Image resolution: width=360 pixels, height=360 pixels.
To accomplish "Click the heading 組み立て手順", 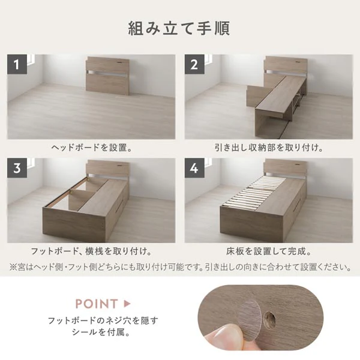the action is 179,28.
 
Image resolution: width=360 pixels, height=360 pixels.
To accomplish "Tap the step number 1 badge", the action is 17,64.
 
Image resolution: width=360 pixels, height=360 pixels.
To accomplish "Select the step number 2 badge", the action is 194,64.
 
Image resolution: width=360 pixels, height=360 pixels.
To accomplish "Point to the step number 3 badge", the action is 17,168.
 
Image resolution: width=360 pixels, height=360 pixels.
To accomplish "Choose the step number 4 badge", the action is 194,168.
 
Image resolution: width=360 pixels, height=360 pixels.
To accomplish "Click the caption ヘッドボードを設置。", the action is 92,148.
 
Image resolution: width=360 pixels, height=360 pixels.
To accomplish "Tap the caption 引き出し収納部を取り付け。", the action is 269,148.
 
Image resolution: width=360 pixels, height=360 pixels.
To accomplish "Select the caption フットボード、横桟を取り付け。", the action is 91,251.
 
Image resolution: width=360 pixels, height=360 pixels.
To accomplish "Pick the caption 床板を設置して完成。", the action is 269,251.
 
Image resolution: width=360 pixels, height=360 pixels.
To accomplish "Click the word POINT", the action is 97,304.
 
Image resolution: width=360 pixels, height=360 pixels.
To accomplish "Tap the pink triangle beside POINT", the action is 127,304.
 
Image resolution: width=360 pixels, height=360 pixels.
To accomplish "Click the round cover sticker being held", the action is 249,320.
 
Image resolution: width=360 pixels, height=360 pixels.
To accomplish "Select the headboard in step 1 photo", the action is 108,76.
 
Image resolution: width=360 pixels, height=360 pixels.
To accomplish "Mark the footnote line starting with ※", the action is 180,267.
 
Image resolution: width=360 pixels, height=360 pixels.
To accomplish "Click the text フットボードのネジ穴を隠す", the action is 103,320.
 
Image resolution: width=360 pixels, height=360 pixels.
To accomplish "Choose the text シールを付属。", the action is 101,332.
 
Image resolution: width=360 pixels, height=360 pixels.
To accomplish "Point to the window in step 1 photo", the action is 31,60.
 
